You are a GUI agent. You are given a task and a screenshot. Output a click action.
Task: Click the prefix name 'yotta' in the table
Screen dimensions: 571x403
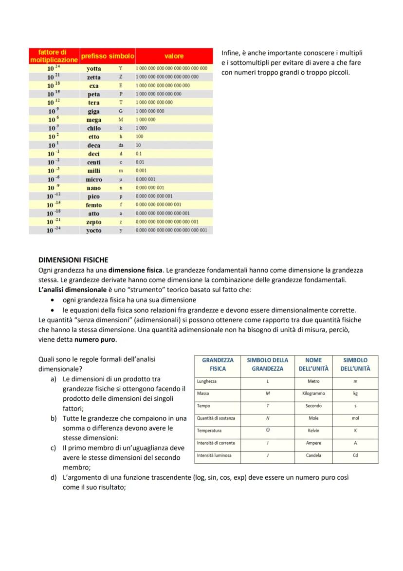click(94, 69)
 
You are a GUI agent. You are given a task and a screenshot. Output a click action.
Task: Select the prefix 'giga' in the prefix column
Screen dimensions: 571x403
click(94, 111)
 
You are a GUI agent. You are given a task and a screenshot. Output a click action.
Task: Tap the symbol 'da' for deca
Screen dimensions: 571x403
click(121, 145)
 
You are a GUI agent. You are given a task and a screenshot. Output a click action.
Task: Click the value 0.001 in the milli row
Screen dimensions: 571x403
click(141, 171)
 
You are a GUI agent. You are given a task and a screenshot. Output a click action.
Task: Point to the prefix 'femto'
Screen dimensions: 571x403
click(94, 205)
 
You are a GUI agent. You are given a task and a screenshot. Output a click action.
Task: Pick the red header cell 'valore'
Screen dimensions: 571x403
click(174, 56)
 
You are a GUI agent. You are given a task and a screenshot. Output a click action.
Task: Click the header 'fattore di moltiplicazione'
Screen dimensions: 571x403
click(54, 56)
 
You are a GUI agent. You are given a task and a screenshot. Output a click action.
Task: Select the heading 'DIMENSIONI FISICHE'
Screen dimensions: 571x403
click(73, 260)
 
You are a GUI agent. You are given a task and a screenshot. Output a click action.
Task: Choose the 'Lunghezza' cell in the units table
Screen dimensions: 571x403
click(207, 381)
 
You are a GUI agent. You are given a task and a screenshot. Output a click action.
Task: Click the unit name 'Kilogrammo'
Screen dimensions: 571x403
click(313, 393)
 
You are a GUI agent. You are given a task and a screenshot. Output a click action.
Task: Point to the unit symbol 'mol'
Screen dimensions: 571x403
click(355, 418)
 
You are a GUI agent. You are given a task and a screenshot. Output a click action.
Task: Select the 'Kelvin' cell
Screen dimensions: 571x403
click(313, 431)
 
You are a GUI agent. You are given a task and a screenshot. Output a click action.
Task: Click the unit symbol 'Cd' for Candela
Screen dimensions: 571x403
click(355, 455)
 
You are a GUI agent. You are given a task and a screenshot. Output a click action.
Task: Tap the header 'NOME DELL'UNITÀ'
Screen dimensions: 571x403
click(313, 364)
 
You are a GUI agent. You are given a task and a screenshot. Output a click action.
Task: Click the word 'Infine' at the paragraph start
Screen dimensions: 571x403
click(231, 53)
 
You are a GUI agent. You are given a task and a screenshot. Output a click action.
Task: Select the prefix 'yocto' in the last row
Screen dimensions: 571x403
click(94, 231)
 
